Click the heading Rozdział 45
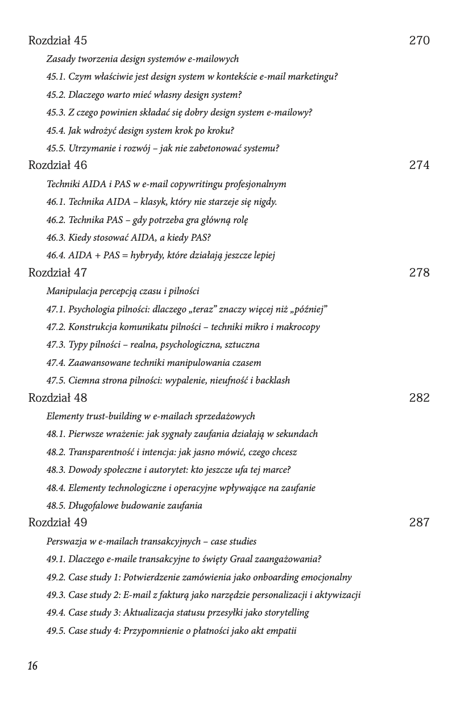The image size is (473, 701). pyautogui.click(x=57, y=40)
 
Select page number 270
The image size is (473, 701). pyautogui.click(x=419, y=40)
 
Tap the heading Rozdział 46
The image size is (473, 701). pyautogui.click(x=57, y=165)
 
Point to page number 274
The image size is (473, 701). pyautogui.click(x=419, y=165)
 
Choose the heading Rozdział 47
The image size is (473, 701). pyautogui.click(x=57, y=273)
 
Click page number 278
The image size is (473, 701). pyautogui.click(x=419, y=273)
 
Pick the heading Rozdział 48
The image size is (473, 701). pyautogui.click(x=57, y=398)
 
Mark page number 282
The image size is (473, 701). pyautogui.click(x=419, y=398)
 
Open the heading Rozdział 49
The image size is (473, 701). pyautogui.click(x=57, y=522)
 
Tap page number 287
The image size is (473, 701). pyautogui.click(x=419, y=522)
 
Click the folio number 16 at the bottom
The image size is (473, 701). pyautogui.click(x=32, y=666)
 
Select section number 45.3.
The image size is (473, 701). pyautogui.click(x=56, y=113)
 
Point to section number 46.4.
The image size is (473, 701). pyautogui.click(x=56, y=255)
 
